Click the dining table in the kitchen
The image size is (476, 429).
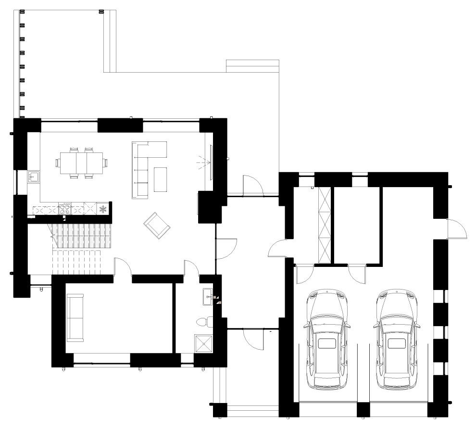point(81,163)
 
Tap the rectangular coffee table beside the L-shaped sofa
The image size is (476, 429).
point(161,178)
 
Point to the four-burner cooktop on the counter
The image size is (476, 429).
point(65,209)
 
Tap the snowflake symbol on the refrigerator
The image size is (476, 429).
point(102,209)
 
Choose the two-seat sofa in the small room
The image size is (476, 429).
point(75,318)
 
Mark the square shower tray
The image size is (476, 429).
point(205,344)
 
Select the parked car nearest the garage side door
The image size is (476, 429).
point(396,339)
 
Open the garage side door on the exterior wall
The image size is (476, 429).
point(457,228)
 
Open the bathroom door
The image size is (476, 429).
point(192,267)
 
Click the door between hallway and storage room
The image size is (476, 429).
point(278,247)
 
